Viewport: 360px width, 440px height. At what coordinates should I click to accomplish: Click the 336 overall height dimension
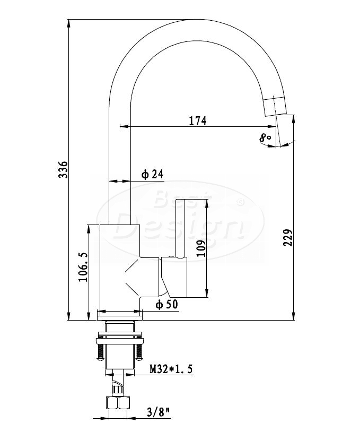click(63, 169)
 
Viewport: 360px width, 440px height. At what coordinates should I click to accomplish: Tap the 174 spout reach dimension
click(198, 120)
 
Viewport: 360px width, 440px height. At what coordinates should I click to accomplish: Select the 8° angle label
click(265, 138)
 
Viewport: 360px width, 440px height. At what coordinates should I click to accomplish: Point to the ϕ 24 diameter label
click(152, 174)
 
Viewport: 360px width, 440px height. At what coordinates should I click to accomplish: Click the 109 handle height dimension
click(201, 248)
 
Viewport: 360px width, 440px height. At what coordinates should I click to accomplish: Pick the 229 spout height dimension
click(288, 237)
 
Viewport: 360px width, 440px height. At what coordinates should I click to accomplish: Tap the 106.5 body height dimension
click(83, 266)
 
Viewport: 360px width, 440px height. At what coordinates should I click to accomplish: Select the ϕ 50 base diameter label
click(167, 304)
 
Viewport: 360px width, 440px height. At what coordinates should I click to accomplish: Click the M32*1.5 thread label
click(171, 369)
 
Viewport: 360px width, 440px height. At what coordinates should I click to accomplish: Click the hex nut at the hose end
click(118, 403)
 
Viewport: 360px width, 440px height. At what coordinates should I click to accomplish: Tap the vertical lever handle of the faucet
click(181, 228)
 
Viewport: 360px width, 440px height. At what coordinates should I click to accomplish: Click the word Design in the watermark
click(179, 227)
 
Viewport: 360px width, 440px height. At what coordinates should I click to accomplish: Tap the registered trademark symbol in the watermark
click(241, 202)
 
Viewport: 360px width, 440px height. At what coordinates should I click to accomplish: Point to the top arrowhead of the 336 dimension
click(69, 23)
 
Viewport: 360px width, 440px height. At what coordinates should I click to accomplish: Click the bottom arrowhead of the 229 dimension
click(293, 316)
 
